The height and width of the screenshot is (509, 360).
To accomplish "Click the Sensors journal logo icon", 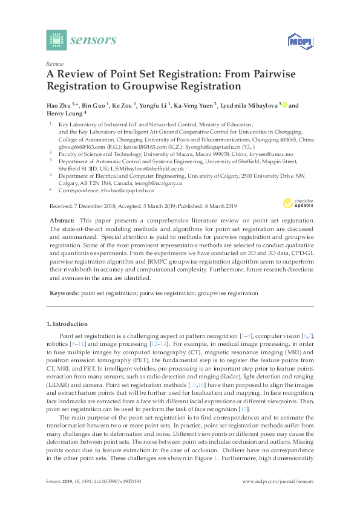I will click(x=56, y=40).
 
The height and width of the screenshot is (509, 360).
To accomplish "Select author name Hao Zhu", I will click(x=59, y=105).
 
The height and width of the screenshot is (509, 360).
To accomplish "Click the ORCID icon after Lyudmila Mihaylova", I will click(x=283, y=105).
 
